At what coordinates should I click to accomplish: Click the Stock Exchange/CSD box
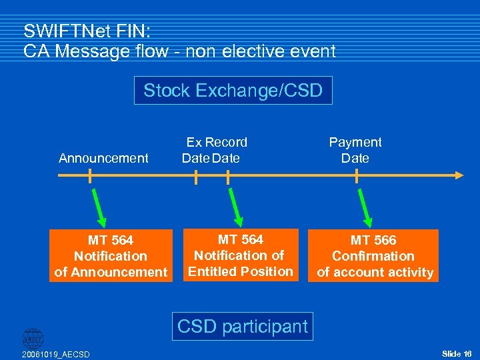(233, 91)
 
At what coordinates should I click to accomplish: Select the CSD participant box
(242, 327)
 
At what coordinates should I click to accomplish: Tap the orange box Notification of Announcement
(111, 256)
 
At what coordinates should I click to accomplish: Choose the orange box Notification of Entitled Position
(240, 255)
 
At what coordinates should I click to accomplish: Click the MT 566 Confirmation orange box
(373, 256)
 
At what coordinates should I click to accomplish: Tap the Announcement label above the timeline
(103, 158)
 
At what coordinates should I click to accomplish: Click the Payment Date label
(355, 150)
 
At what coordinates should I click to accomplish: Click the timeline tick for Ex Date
(195, 176)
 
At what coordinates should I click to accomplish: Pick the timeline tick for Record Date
(228, 176)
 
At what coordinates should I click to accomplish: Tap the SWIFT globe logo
(32, 338)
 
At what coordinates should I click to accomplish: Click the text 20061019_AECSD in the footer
(56, 353)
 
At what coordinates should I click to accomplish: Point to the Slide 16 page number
(457, 353)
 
